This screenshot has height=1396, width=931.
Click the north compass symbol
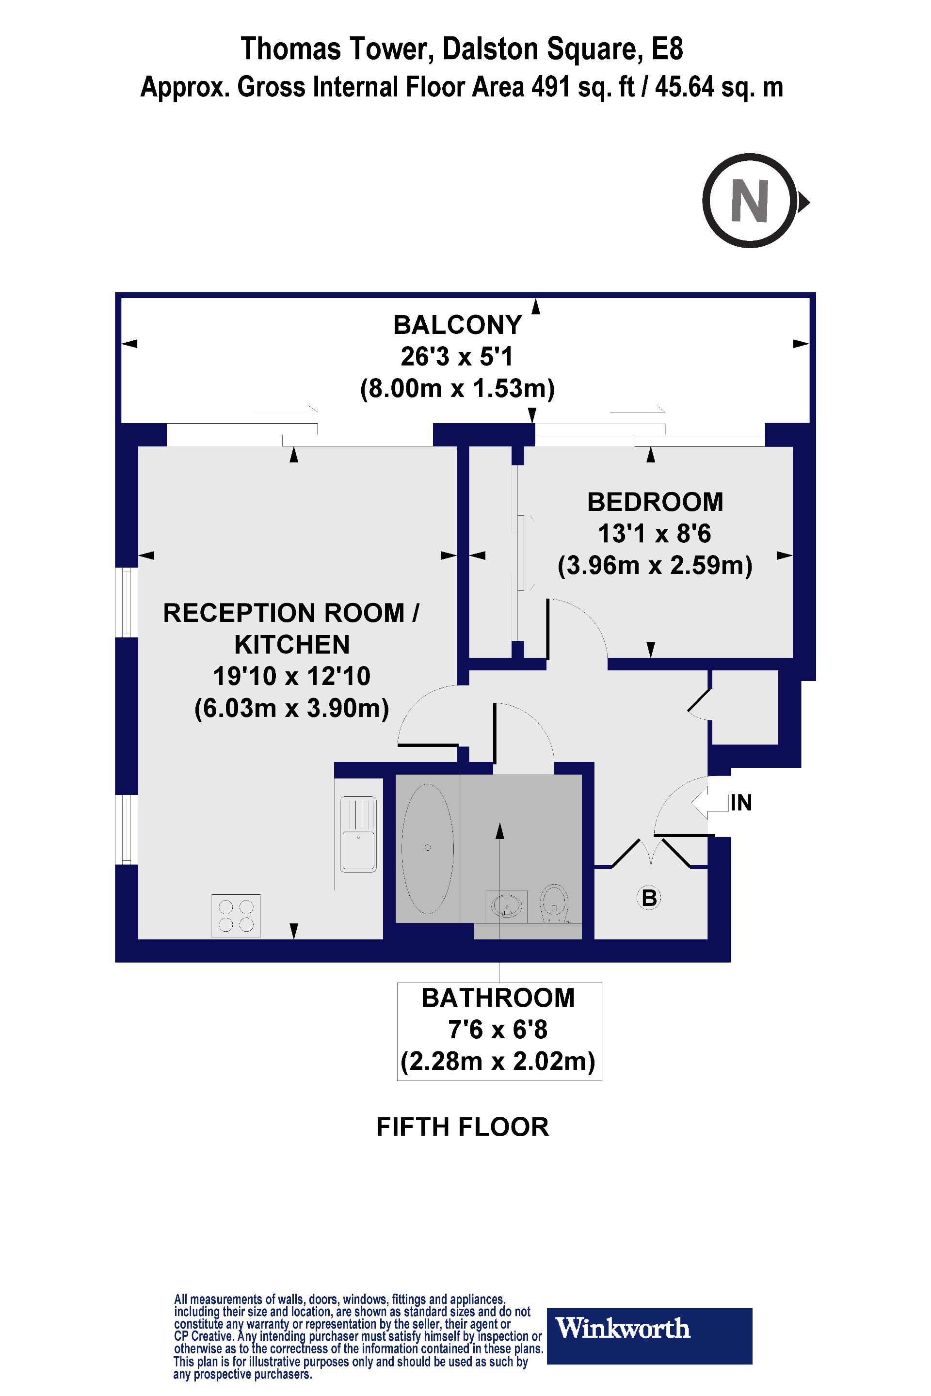(x=750, y=201)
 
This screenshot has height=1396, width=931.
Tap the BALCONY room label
(x=457, y=325)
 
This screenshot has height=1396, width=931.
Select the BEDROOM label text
(x=655, y=502)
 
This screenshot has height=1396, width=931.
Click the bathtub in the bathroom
(x=428, y=848)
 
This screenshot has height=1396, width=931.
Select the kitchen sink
(x=358, y=834)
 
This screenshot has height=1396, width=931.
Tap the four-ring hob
(x=236, y=915)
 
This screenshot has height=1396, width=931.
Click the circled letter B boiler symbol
(x=649, y=898)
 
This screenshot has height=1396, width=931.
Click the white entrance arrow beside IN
(x=709, y=803)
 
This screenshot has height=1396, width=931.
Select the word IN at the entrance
(x=741, y=803)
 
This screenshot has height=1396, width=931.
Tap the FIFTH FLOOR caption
(x=463, y=1126)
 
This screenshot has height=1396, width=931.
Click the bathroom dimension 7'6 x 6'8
(x=498, y=1029)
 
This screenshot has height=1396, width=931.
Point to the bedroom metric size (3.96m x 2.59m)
(x=655, y=565)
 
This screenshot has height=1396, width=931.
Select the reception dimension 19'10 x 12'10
(x=291, y=676)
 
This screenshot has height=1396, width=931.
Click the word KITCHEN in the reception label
(x=291, y=645)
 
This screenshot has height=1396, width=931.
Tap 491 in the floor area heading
(x=551, y=87)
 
